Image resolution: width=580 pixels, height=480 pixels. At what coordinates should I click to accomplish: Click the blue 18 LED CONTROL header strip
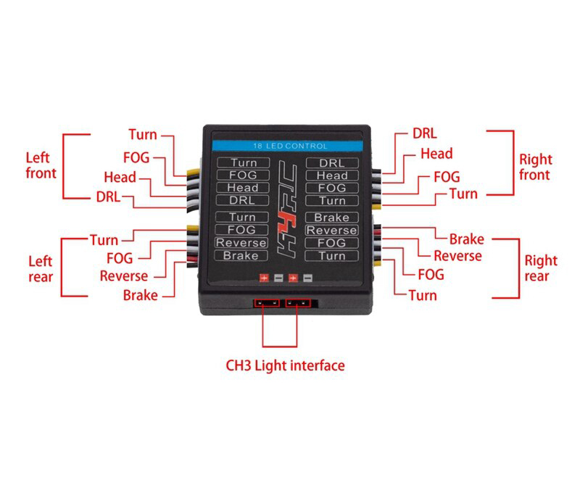(x=286, y=146)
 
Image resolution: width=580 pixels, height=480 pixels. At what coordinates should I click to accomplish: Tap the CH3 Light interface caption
(x=285, y=365)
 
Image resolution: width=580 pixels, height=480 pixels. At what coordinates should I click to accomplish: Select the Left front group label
(x=41, y=165)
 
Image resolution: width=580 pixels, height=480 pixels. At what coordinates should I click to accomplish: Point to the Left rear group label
(x=41, y=268)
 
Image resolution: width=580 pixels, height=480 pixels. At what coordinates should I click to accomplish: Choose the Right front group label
(x=536, y=167)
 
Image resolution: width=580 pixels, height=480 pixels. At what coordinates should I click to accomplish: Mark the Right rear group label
(x=541, y=268)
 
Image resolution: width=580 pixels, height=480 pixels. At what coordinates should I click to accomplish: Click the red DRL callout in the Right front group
(x=425, y=133)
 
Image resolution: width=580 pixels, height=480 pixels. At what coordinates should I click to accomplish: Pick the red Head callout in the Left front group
(x=120, y=177)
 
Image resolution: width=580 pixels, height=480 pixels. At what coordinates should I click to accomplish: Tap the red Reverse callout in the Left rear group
(x=124, y=276)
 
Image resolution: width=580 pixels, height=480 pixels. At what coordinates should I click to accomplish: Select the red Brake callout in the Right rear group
(x=466, y=239)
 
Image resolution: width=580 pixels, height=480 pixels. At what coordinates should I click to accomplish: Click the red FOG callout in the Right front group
(x=447, y=176)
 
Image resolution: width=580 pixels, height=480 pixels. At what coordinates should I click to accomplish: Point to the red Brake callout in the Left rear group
(x=140, y=295)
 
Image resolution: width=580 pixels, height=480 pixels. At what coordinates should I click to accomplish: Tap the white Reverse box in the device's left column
(x=241, y=243)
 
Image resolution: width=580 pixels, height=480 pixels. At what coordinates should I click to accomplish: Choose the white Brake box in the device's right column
(x=332, y=218)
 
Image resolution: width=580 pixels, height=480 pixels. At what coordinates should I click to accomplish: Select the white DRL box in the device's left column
(x=241, y=200)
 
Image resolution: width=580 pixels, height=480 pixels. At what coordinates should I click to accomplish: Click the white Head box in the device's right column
(x=332, y=175)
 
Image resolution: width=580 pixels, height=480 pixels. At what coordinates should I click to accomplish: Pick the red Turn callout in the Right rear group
(x=423, y=295)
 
